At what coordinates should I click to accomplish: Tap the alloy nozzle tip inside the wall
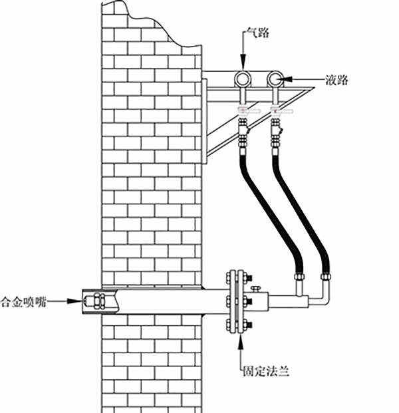[93, 301]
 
